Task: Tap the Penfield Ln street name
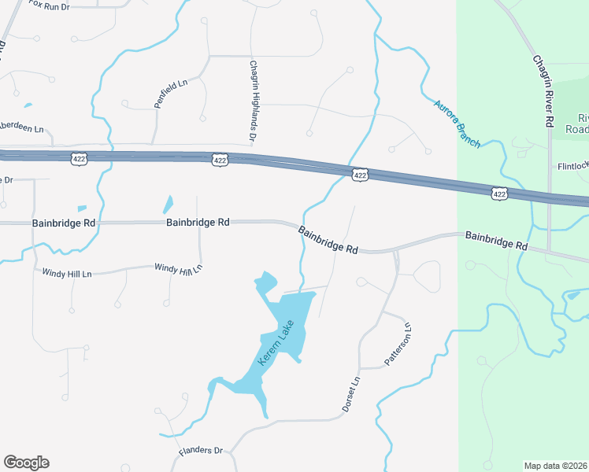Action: (x=172, y=92)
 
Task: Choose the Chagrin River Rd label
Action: (x=542, y=91)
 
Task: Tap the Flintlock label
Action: (x=573, y=167)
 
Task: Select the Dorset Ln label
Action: (x=350, y=393)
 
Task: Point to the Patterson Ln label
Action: (x=398, y=345)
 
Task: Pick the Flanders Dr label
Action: (x=201, y=452)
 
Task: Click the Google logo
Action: (x=26, y=463)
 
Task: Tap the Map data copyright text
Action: (x=556, y=466)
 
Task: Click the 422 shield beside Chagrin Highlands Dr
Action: (x=220, y=160)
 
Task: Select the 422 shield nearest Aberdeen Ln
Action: (x=79, y=157)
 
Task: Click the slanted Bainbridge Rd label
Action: (x=328, y=240)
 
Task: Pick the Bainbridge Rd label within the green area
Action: (x=495, y=240)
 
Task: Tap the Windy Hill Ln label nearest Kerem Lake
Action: (x=178, y=268)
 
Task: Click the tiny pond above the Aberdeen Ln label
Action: (x=28, y=105)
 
